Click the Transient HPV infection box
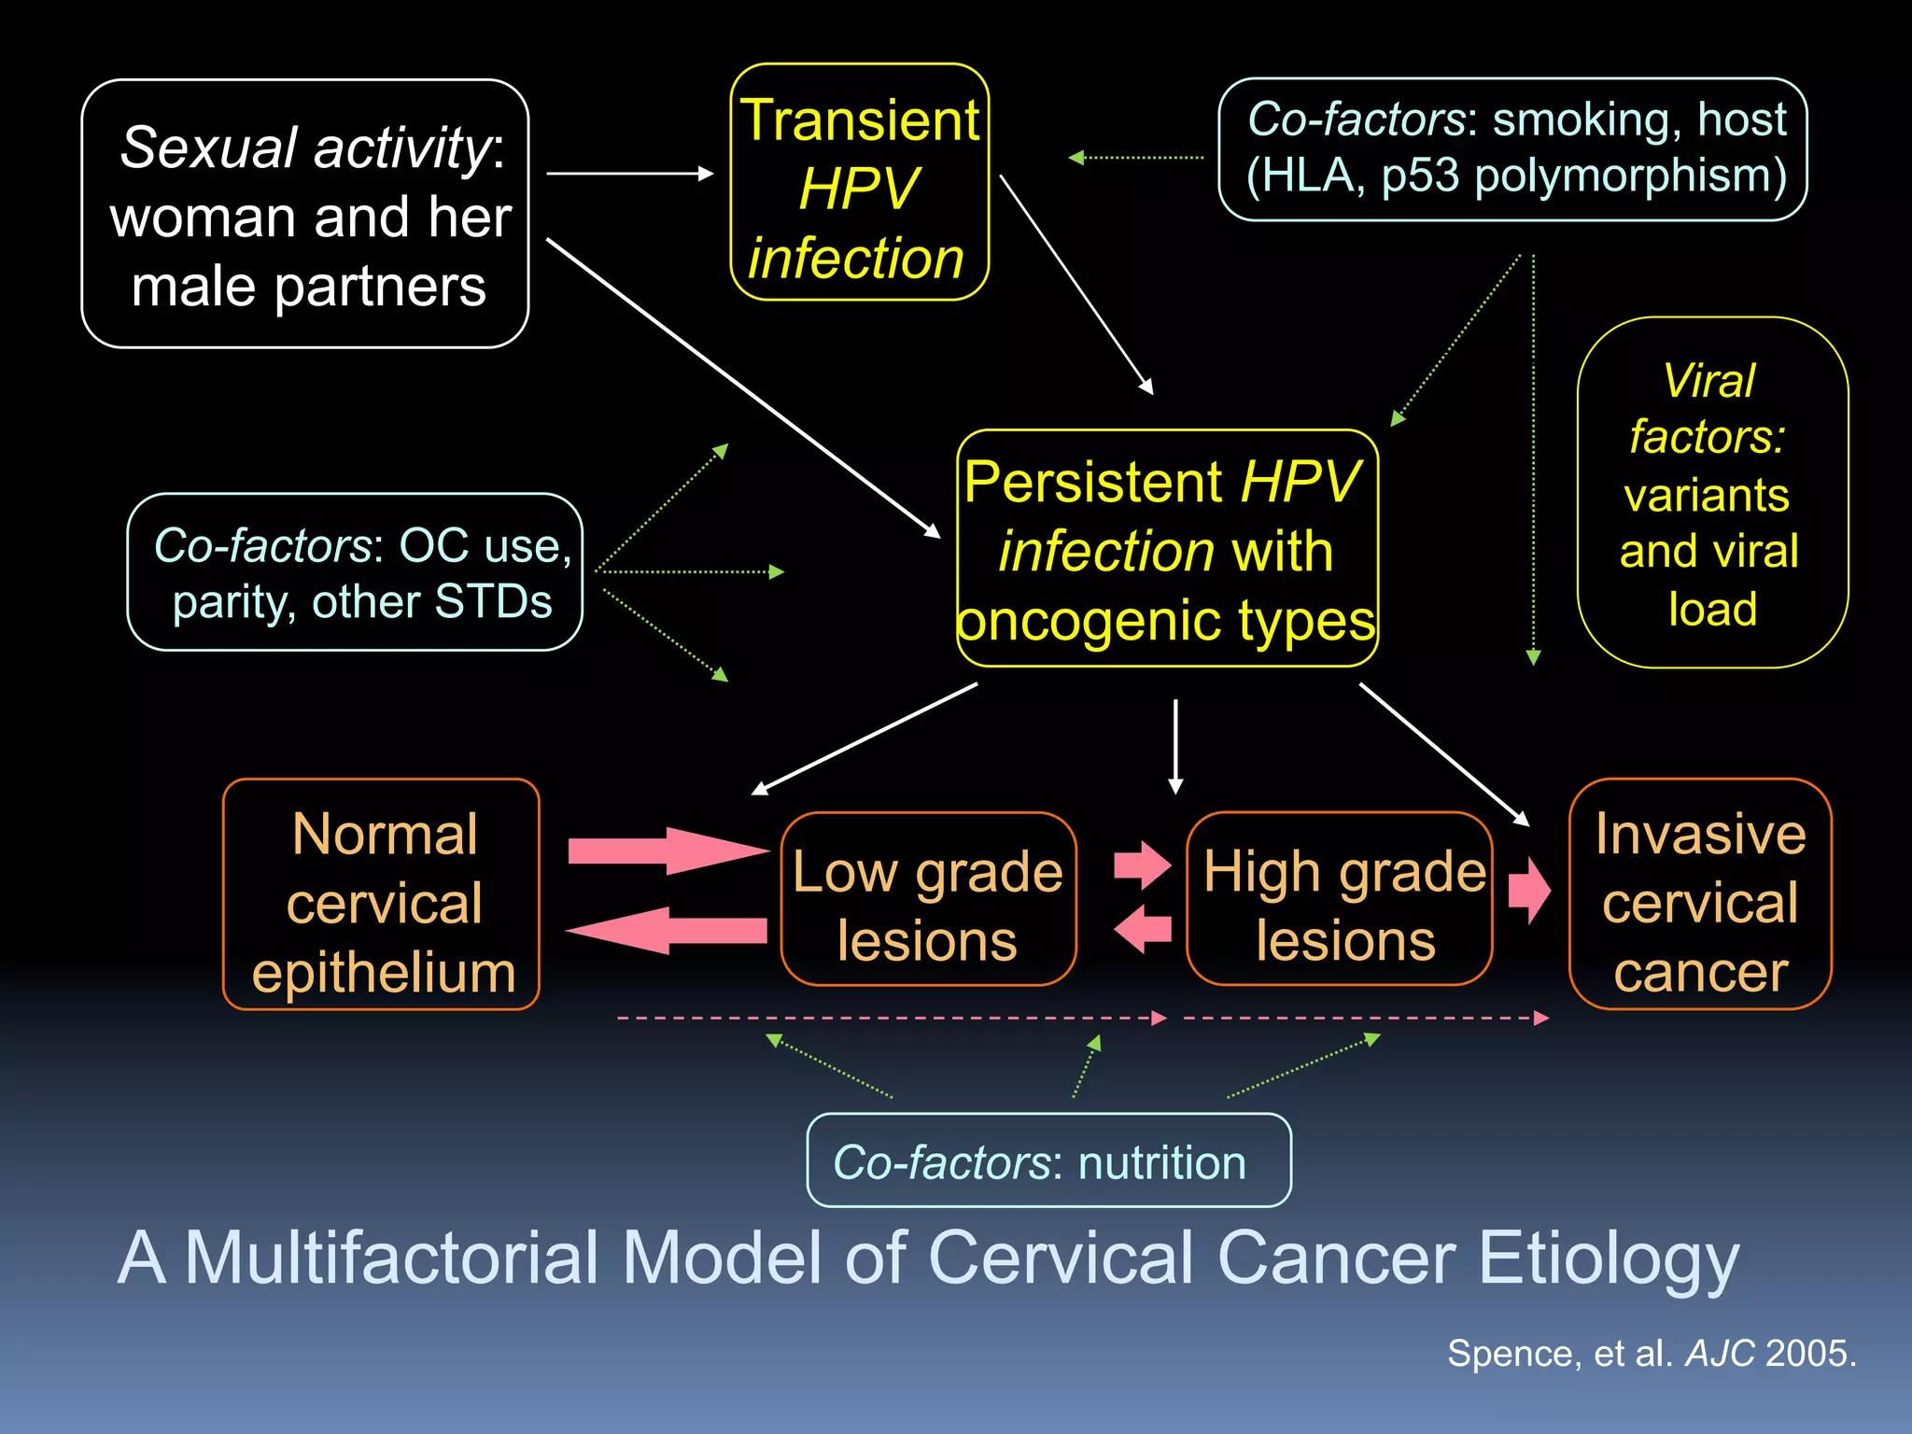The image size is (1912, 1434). coord(859,182)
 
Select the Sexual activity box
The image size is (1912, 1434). coord(305,214)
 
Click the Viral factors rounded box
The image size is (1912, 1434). coord(1712,493)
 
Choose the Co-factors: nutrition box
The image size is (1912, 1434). coord(1048,1160)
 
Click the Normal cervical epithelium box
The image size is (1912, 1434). coord(382,894)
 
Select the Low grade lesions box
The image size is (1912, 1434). coord(928,899)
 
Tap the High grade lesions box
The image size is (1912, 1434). coord(1340,899)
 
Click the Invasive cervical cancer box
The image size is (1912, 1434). coord(1700,894)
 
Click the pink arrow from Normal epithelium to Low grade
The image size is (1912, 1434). coord(668,851)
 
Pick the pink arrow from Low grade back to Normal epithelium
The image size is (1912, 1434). coord(668,931)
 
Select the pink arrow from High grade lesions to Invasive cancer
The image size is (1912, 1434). coord(1529,892)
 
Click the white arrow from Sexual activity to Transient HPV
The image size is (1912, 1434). coord(629,174)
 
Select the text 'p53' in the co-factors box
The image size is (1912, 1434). coord(1419,176)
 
